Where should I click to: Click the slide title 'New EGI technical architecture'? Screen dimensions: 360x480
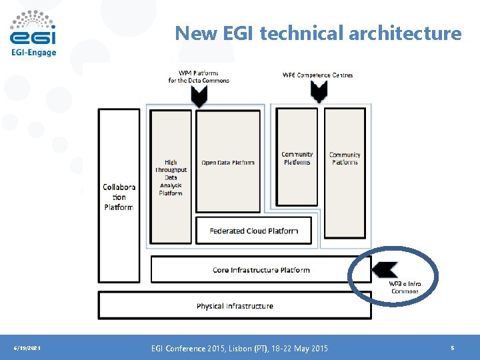coord(318,33)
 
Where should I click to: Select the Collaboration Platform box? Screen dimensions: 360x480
coord(119,196)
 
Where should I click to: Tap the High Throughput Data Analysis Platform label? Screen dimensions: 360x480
coord(171,177)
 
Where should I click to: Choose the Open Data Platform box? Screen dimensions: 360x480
coord(228,162)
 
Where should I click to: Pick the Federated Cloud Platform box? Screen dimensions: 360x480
coord(253,231)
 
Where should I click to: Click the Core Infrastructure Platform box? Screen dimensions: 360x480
coord(261,270)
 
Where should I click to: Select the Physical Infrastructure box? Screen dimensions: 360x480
coord(235,305)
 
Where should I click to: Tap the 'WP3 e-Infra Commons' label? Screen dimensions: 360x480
coord(405,287)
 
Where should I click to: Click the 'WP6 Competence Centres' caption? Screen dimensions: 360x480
coord(317,75)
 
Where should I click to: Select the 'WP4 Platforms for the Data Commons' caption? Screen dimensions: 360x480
coord(199,77)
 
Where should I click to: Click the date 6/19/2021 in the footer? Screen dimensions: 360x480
coord(27,348)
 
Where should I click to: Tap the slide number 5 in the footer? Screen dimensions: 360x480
coord(453,348)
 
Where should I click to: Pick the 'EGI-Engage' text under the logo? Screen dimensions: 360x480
coord(33,53)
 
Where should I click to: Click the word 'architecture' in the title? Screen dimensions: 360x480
coord(407,33)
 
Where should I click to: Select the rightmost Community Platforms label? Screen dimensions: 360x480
coord(345,158)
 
